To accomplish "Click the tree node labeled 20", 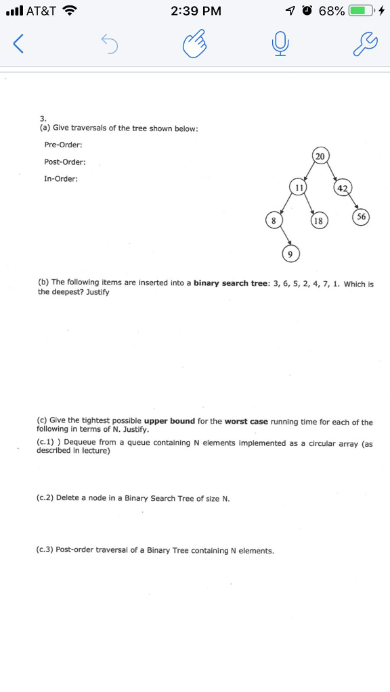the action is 320,156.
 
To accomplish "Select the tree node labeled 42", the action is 343,188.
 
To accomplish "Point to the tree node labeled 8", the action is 273,220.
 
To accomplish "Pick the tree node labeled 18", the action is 318,221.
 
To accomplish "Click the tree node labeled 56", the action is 362,217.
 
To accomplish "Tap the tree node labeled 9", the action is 290,254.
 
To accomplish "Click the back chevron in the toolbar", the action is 19,46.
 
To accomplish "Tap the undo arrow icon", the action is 109,46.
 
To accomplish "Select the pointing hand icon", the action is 194,46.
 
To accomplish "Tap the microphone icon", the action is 280,46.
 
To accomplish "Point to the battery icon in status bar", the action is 363,11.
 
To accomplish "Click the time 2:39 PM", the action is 196,11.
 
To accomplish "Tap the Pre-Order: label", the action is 63,145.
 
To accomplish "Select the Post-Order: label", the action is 64,162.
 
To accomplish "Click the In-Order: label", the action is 61,179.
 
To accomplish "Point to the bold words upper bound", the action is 169,422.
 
